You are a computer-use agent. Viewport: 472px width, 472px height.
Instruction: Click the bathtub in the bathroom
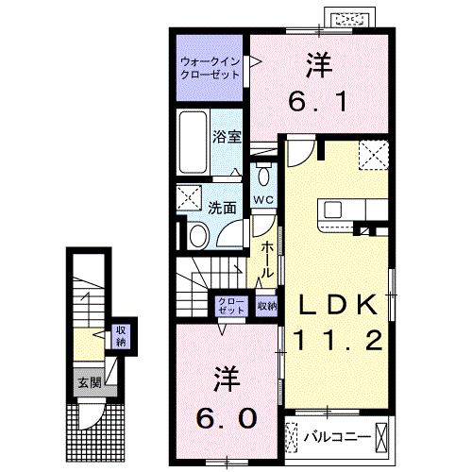coord(194,144)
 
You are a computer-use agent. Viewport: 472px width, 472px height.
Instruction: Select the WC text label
coord(263,200)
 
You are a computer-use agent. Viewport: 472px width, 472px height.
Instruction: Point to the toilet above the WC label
coord(263,176)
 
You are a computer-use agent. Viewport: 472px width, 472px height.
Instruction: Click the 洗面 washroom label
coord(223,208)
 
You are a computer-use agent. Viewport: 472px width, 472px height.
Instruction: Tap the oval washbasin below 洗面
coord(198,235)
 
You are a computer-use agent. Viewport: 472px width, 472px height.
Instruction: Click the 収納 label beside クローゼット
coord(266,306)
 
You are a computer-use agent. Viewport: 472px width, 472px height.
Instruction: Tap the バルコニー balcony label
coord(330,437)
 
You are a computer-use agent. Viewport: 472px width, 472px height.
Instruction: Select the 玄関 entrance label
coord(88,382)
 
